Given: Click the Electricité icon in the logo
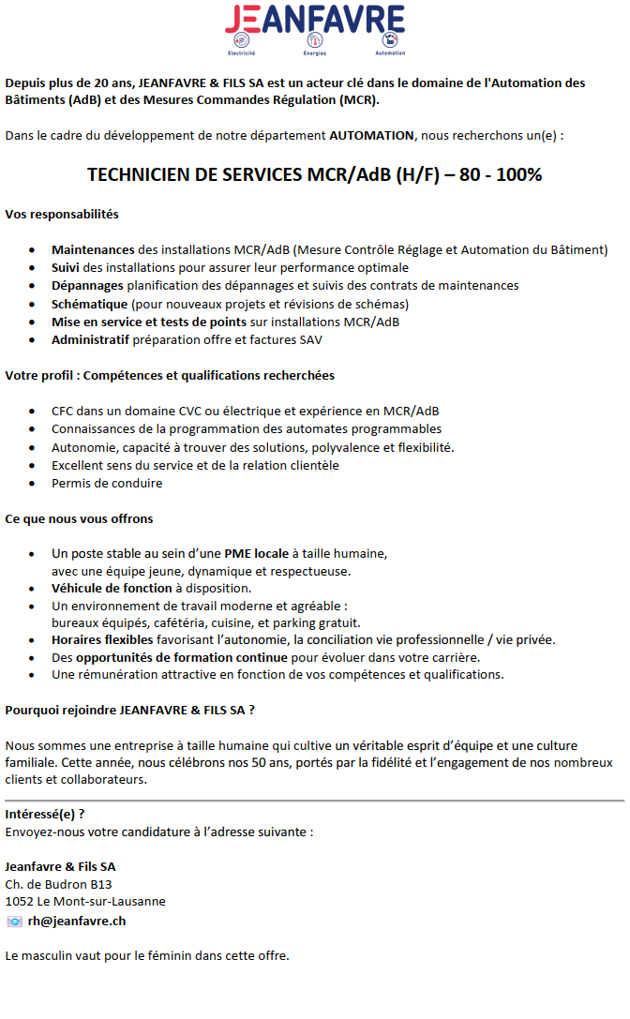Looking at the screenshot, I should [x=243, y=40].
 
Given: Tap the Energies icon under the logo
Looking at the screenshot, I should [x=315, y=40].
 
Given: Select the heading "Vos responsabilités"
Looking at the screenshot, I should [x=62, y=215].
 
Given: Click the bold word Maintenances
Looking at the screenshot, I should [x=93, y=249].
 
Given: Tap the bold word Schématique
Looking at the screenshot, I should [x=89, y=304].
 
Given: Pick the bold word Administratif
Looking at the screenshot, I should [x=91, y=339].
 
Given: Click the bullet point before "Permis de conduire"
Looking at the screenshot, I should [x=33, y=484].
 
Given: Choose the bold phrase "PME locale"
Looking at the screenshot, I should [x=256, y=553].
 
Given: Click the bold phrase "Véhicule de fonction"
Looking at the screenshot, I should [x=112, y=589].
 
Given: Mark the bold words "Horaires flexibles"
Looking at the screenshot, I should [x=102, y=639].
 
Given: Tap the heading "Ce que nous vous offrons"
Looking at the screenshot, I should [x=79, y=518].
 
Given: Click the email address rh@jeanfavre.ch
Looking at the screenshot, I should [x=77, y=921].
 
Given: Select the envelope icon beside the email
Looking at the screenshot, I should [x=14, y=922].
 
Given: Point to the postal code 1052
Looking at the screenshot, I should [x=19, y=901].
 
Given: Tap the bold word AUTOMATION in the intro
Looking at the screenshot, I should [x=371, y=135].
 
